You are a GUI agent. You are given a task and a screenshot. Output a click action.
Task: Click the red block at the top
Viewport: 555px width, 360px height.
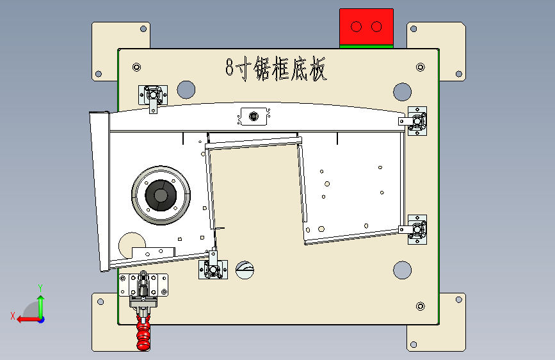(x=366, y=26)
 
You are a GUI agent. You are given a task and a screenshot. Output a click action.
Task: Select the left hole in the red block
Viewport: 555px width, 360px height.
(x=356, y=26)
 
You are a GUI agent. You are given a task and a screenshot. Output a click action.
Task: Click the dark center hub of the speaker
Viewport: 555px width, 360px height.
(x=161, y=195)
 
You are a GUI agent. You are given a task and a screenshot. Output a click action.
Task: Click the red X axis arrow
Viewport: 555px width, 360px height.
(x=28, y=320)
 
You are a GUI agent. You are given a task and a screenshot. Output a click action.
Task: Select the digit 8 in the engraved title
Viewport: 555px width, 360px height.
(x=230, y=67)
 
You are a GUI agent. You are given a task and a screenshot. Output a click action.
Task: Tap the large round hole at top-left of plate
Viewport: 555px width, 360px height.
(x=186, y=90)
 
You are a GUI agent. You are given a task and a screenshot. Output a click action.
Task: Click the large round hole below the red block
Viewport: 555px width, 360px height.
(x=403, y=92)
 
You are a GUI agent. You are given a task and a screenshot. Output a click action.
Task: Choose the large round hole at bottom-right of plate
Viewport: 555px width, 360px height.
(x=403, y=270)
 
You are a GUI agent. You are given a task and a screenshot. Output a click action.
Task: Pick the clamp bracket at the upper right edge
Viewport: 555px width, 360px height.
(x=414, y=121)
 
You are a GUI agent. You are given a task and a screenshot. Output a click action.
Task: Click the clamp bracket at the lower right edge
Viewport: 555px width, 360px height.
(x=414, y=229)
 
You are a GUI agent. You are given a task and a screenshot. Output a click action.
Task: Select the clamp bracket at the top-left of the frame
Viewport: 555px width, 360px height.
(x=153, y=96)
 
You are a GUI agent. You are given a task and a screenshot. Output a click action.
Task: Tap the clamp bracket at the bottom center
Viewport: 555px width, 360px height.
(x=213, y=268)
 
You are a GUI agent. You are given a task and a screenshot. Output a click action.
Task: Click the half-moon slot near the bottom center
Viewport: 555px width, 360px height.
(x=245, y=270)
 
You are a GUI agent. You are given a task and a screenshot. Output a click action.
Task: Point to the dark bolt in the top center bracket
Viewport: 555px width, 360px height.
(x=253, y=116)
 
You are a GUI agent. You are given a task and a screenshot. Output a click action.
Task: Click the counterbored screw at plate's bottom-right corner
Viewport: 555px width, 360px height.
(x=421, y=306)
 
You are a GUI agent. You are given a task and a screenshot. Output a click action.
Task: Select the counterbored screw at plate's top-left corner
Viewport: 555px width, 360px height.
(x=136, y=67)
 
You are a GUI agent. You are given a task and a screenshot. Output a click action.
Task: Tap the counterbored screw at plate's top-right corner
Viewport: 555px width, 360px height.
(x=421, y=67)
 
